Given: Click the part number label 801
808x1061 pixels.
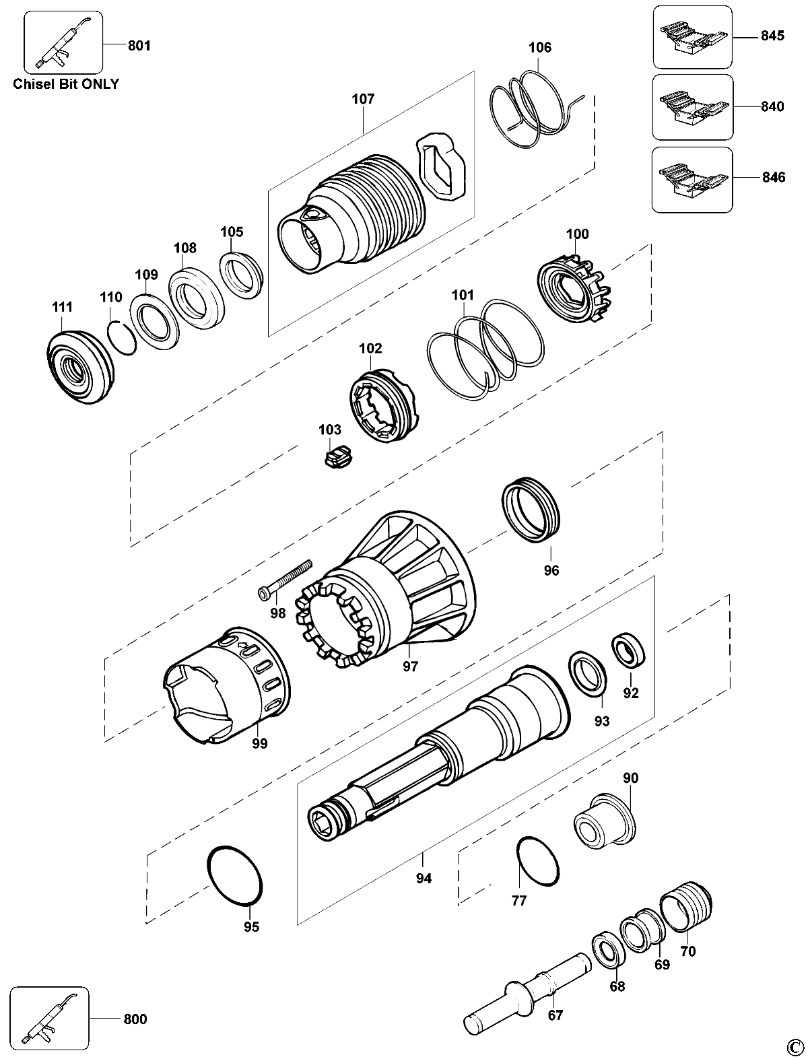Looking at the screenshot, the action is [x=139, y=45].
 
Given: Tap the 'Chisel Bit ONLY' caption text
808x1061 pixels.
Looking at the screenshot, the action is [x=66, y=84].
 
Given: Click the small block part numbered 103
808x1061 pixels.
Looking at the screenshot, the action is [x=339, y=456].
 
